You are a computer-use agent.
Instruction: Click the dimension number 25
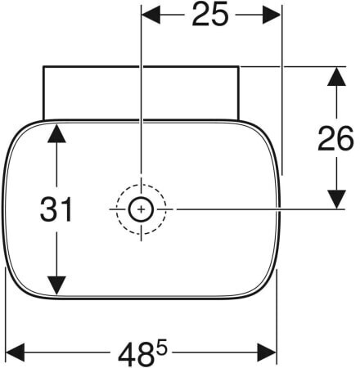coord(209,15)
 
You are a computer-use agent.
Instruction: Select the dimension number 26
coord(335,139)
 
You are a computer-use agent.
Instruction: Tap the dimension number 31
coord(56,209)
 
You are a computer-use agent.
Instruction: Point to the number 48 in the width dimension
coord(135,355)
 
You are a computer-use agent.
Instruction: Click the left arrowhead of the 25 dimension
coord(151,15)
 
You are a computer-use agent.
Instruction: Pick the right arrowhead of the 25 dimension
coord(272,15)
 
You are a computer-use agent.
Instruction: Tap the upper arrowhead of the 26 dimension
coord(336,77)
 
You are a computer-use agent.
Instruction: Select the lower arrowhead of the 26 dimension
coord(336,200)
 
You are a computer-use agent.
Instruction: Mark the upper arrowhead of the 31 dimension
coord(56,133)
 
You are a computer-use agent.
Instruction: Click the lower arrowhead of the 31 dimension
coord(56,285)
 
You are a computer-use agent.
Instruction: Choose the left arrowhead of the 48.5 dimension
coord(16,352)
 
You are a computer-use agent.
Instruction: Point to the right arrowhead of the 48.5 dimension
coord(267,352)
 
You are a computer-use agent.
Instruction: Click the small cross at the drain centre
coord(141,209)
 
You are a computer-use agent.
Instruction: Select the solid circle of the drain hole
coord(141,197)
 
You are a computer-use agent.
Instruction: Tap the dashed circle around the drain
coord(141,185)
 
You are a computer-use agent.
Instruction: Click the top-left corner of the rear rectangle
coord(43,66)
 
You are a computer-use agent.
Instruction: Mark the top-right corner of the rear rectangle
coord(239,66)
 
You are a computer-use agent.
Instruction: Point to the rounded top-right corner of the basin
coord(268,132)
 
